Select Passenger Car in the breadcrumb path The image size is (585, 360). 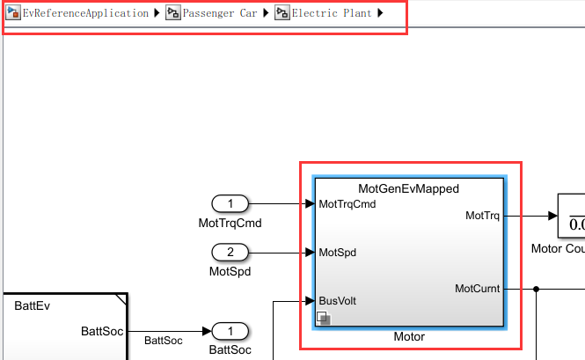click(x=219, y=14)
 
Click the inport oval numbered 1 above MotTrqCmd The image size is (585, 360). click(x=230, y=204)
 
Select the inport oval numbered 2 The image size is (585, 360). click(x=230, y=253)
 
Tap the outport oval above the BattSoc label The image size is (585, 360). click(x=230, y=332)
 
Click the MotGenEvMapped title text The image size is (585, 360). click(x=408, y=188)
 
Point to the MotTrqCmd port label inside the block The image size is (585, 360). click(x=347, y=204)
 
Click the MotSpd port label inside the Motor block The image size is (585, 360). click(x=337, y=253)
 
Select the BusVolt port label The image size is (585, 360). click(x=337, y=301)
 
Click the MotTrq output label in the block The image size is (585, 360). click(x=482, y=215)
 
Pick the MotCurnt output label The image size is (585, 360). click(x=478, y=288)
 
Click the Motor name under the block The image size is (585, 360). click(x=408, y=337)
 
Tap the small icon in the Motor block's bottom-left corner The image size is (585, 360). click(x=323, y=319)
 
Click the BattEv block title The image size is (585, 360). click(x=32, y=306)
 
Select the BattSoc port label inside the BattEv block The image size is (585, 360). click(x=101, y=332)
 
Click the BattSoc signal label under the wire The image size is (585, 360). click(x=164, y=340)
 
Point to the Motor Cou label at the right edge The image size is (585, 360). click(x=558, y=248)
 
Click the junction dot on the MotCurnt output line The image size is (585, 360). click(x=536, y=288)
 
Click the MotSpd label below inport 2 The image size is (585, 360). click(x=230, y=272)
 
